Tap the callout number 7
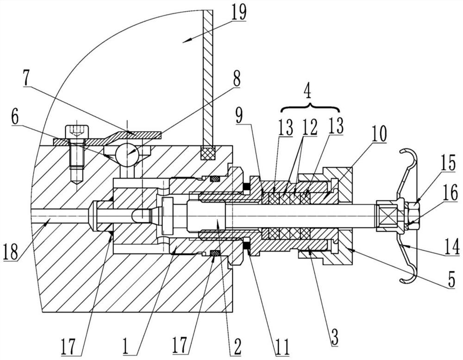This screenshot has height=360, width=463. click(x=27, y=78)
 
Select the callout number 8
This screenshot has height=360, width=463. click(x=236, y=78)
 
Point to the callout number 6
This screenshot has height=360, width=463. click(x=14, y=117)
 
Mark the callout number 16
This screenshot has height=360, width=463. click(x=449, y=193)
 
